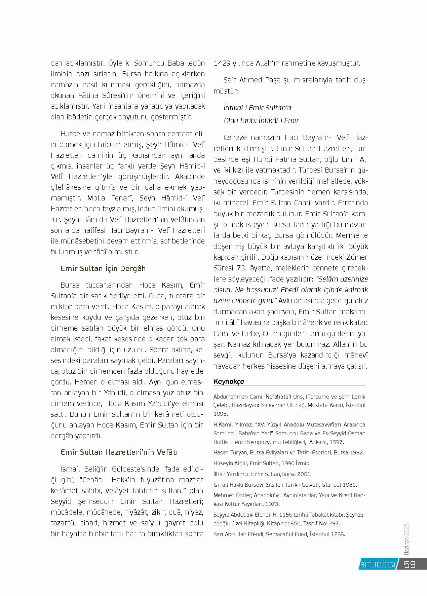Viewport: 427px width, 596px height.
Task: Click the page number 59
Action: coord(410,564)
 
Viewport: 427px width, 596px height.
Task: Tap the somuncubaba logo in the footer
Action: coord(378,564)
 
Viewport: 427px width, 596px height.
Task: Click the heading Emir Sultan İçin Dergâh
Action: coord(103,268)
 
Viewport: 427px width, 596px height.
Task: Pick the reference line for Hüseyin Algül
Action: coord(261,463)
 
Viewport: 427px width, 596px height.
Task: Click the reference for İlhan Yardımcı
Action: coord(262,474)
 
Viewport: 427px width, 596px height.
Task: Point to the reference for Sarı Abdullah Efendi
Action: coord(279,534)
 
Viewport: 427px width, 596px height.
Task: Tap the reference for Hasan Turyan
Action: coord(288,452)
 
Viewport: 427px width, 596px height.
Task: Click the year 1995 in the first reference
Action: coord(220,414)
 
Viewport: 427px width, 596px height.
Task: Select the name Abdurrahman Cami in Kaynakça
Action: coord(235,397)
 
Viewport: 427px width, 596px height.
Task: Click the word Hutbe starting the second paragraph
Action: coord(70,134)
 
